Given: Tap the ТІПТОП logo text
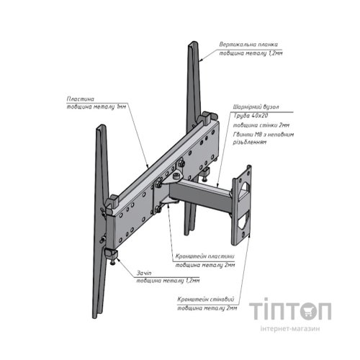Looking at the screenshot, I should coord(291,312).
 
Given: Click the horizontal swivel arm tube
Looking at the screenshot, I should coord(199,192).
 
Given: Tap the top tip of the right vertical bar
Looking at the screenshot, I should coord(192,45).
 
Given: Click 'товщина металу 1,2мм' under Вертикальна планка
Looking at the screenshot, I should coord(251,53).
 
